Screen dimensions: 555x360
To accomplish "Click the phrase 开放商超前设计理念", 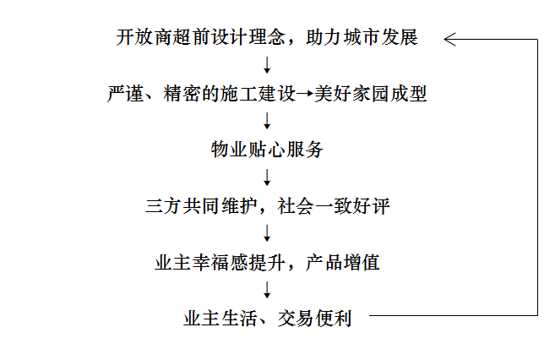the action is (x=201, y=37).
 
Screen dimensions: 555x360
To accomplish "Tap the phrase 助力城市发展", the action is (x=362, y=37).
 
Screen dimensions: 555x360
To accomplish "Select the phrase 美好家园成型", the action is (x=371, y=94).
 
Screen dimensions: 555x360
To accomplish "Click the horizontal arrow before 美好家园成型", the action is (x=305, y=94).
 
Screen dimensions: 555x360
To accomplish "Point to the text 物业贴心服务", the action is (x=267, y=150).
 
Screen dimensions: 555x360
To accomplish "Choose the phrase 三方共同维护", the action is (x=201, y=206).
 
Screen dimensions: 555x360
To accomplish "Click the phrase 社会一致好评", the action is (x=334, y=206).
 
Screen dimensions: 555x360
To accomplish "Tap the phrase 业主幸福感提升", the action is (x=220, y=262).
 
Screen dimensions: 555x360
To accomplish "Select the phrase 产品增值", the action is (x=342, y=262).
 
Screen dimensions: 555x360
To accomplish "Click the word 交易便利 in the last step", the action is (x=314, y=319).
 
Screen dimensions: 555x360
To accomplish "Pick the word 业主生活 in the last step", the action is (x=220, y=319).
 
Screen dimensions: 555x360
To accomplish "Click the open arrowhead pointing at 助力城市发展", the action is (x=449, y=39).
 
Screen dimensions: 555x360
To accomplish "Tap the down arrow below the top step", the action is (x=267, y=65).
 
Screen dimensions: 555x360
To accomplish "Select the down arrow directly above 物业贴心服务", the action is (x=267, y=121).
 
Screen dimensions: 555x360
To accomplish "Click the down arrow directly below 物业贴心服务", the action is (x=267, y=177).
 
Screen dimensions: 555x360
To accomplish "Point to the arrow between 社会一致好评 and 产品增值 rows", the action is (x=267, y=233).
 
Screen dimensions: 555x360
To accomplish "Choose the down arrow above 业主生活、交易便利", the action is (x=267, y=290).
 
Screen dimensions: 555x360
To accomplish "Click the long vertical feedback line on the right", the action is (x=537, y=177).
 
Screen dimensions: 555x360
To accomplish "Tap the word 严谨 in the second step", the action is (x=126, y=94).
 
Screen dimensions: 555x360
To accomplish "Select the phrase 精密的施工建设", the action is (x=230, y=94).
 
